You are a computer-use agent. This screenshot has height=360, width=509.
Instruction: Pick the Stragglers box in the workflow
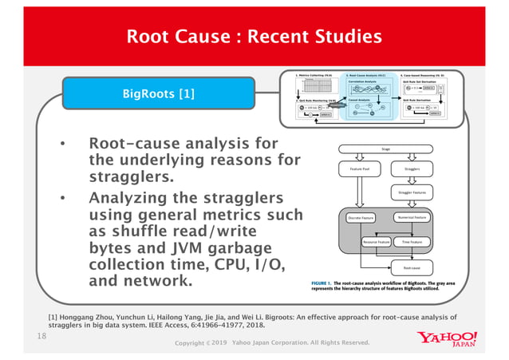click(412, 168)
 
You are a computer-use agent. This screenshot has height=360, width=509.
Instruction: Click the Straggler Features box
click(412, 192)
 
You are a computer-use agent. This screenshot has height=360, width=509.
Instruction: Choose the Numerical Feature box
click(412, 217)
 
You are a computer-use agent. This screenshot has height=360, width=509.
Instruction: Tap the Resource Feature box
click(376, 241)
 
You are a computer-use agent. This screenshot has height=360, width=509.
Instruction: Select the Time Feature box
click(412, 241)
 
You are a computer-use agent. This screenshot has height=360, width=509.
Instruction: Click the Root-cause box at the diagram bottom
click(412, 269)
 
